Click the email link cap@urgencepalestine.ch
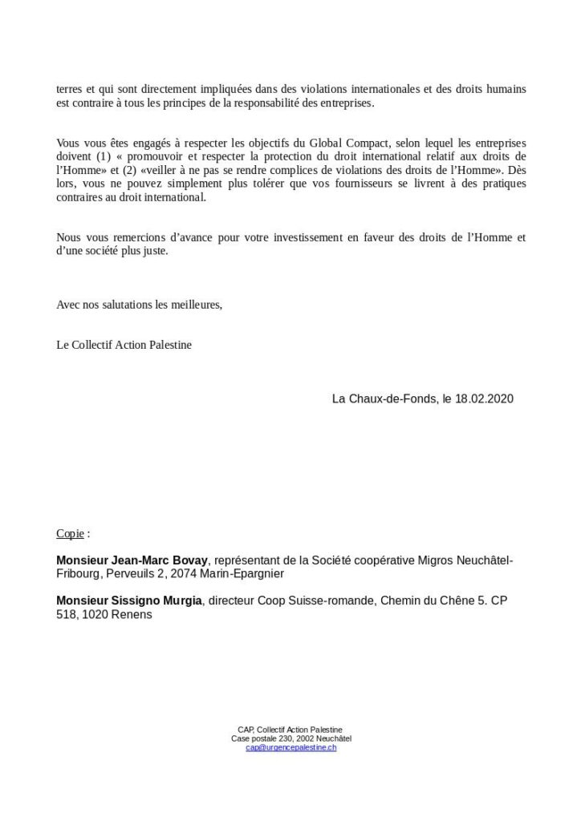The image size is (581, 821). pyautogui.click(x=290, y=747)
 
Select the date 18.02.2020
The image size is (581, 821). pyautogui.click(x=484, y=398)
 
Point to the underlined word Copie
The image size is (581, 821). pyautogui.click(x=69, y=533)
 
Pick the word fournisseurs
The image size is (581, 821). pyautogui.click(x=357, y=184)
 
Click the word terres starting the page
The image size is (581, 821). pyautogui.click(x=70, y=88)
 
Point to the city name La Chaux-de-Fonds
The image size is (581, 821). pyautogui.click(x=383, y=398)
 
